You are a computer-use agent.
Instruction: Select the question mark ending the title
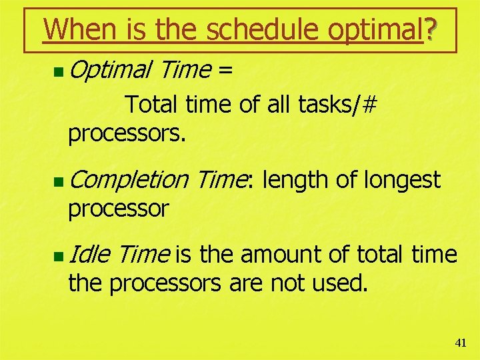pyautogui.click(x=431, y=29)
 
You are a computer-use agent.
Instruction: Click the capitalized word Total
pyautogui.click(x=150, y=105)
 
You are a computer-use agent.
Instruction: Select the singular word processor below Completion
pyautogui.click(x=118, y=209)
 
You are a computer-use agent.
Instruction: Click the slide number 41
pyautogui.click(x=460, y=343)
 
